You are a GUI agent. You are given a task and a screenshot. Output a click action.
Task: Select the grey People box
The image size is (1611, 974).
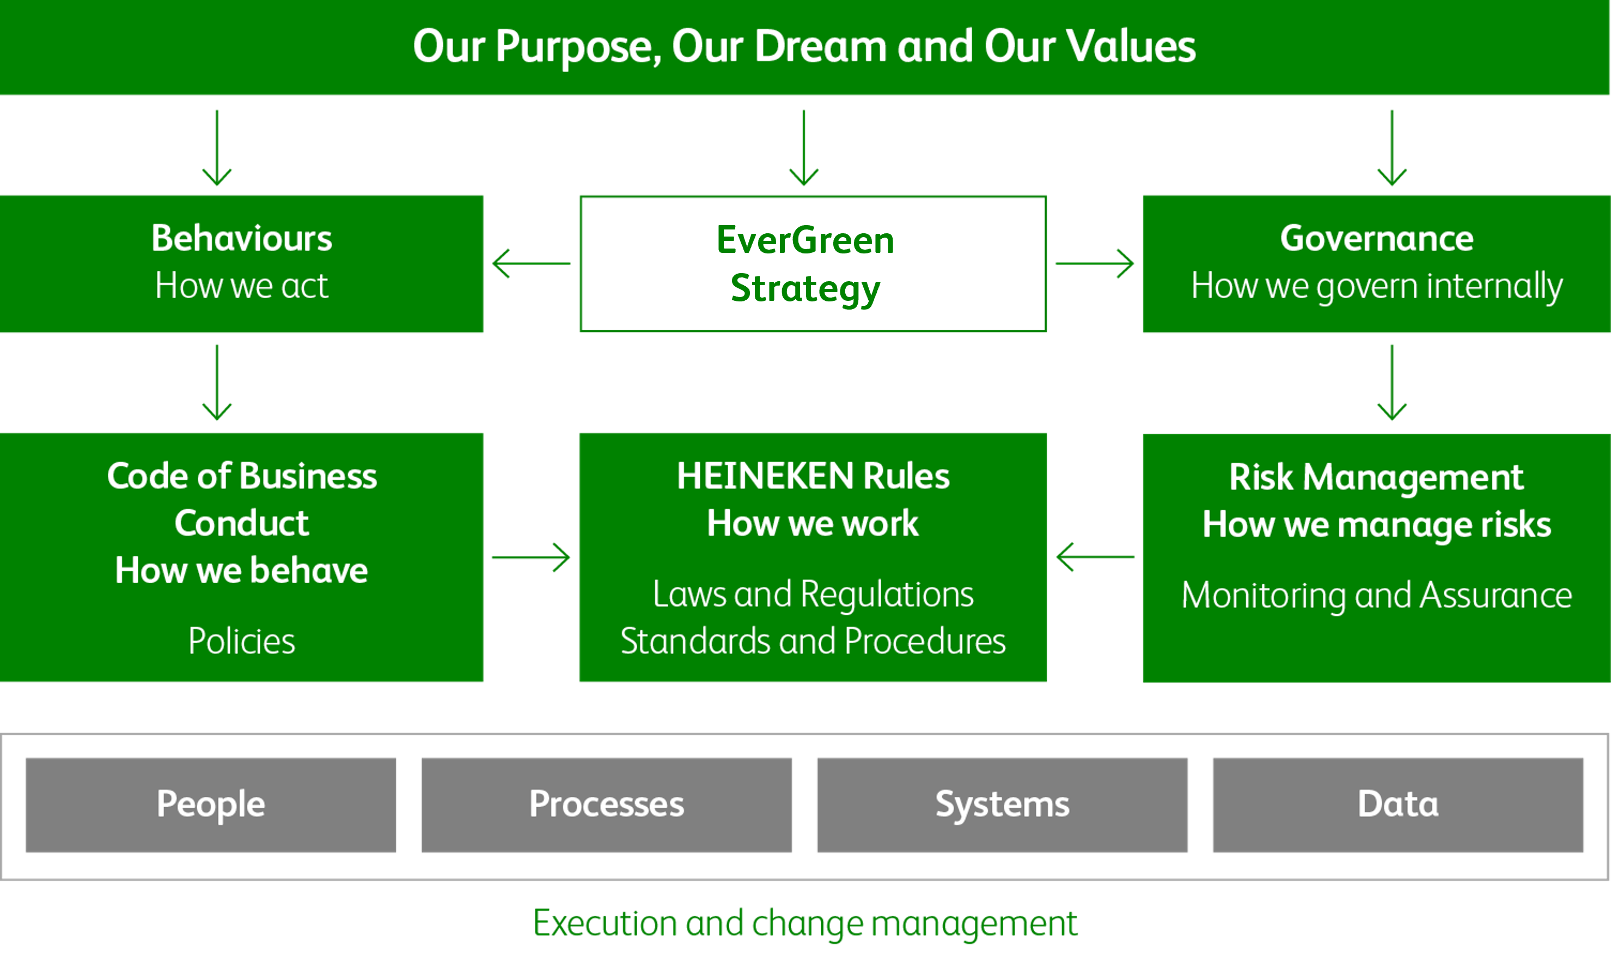211,804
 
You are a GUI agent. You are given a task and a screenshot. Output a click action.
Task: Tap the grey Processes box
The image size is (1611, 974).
606,804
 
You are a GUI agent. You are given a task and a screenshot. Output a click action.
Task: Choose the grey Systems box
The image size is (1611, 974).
1002,804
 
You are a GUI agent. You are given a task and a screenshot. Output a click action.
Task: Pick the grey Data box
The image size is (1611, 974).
1398,804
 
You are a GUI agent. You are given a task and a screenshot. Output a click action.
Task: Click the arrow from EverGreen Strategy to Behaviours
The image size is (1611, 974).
531,264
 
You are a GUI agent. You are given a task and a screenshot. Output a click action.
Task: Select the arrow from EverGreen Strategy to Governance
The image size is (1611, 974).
1095,264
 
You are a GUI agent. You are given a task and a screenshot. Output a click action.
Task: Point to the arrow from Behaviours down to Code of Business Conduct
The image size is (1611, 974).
217,382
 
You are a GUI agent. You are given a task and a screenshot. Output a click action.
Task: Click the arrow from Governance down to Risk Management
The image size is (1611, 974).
1392,382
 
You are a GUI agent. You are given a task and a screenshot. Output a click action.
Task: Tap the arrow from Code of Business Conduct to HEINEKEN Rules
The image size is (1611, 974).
531,558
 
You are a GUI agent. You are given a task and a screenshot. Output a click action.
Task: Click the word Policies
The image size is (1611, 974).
242,641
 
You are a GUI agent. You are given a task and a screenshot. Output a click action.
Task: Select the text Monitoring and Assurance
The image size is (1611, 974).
1377,595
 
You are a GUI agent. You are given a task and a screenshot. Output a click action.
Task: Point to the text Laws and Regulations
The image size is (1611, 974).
813,595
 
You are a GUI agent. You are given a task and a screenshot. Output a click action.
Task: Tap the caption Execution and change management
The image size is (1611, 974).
805,924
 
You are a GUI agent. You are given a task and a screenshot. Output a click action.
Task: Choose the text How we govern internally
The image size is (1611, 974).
1377,287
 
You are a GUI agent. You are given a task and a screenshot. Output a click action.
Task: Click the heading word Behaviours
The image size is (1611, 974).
242,238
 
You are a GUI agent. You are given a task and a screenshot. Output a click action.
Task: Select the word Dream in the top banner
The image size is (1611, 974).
821,46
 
